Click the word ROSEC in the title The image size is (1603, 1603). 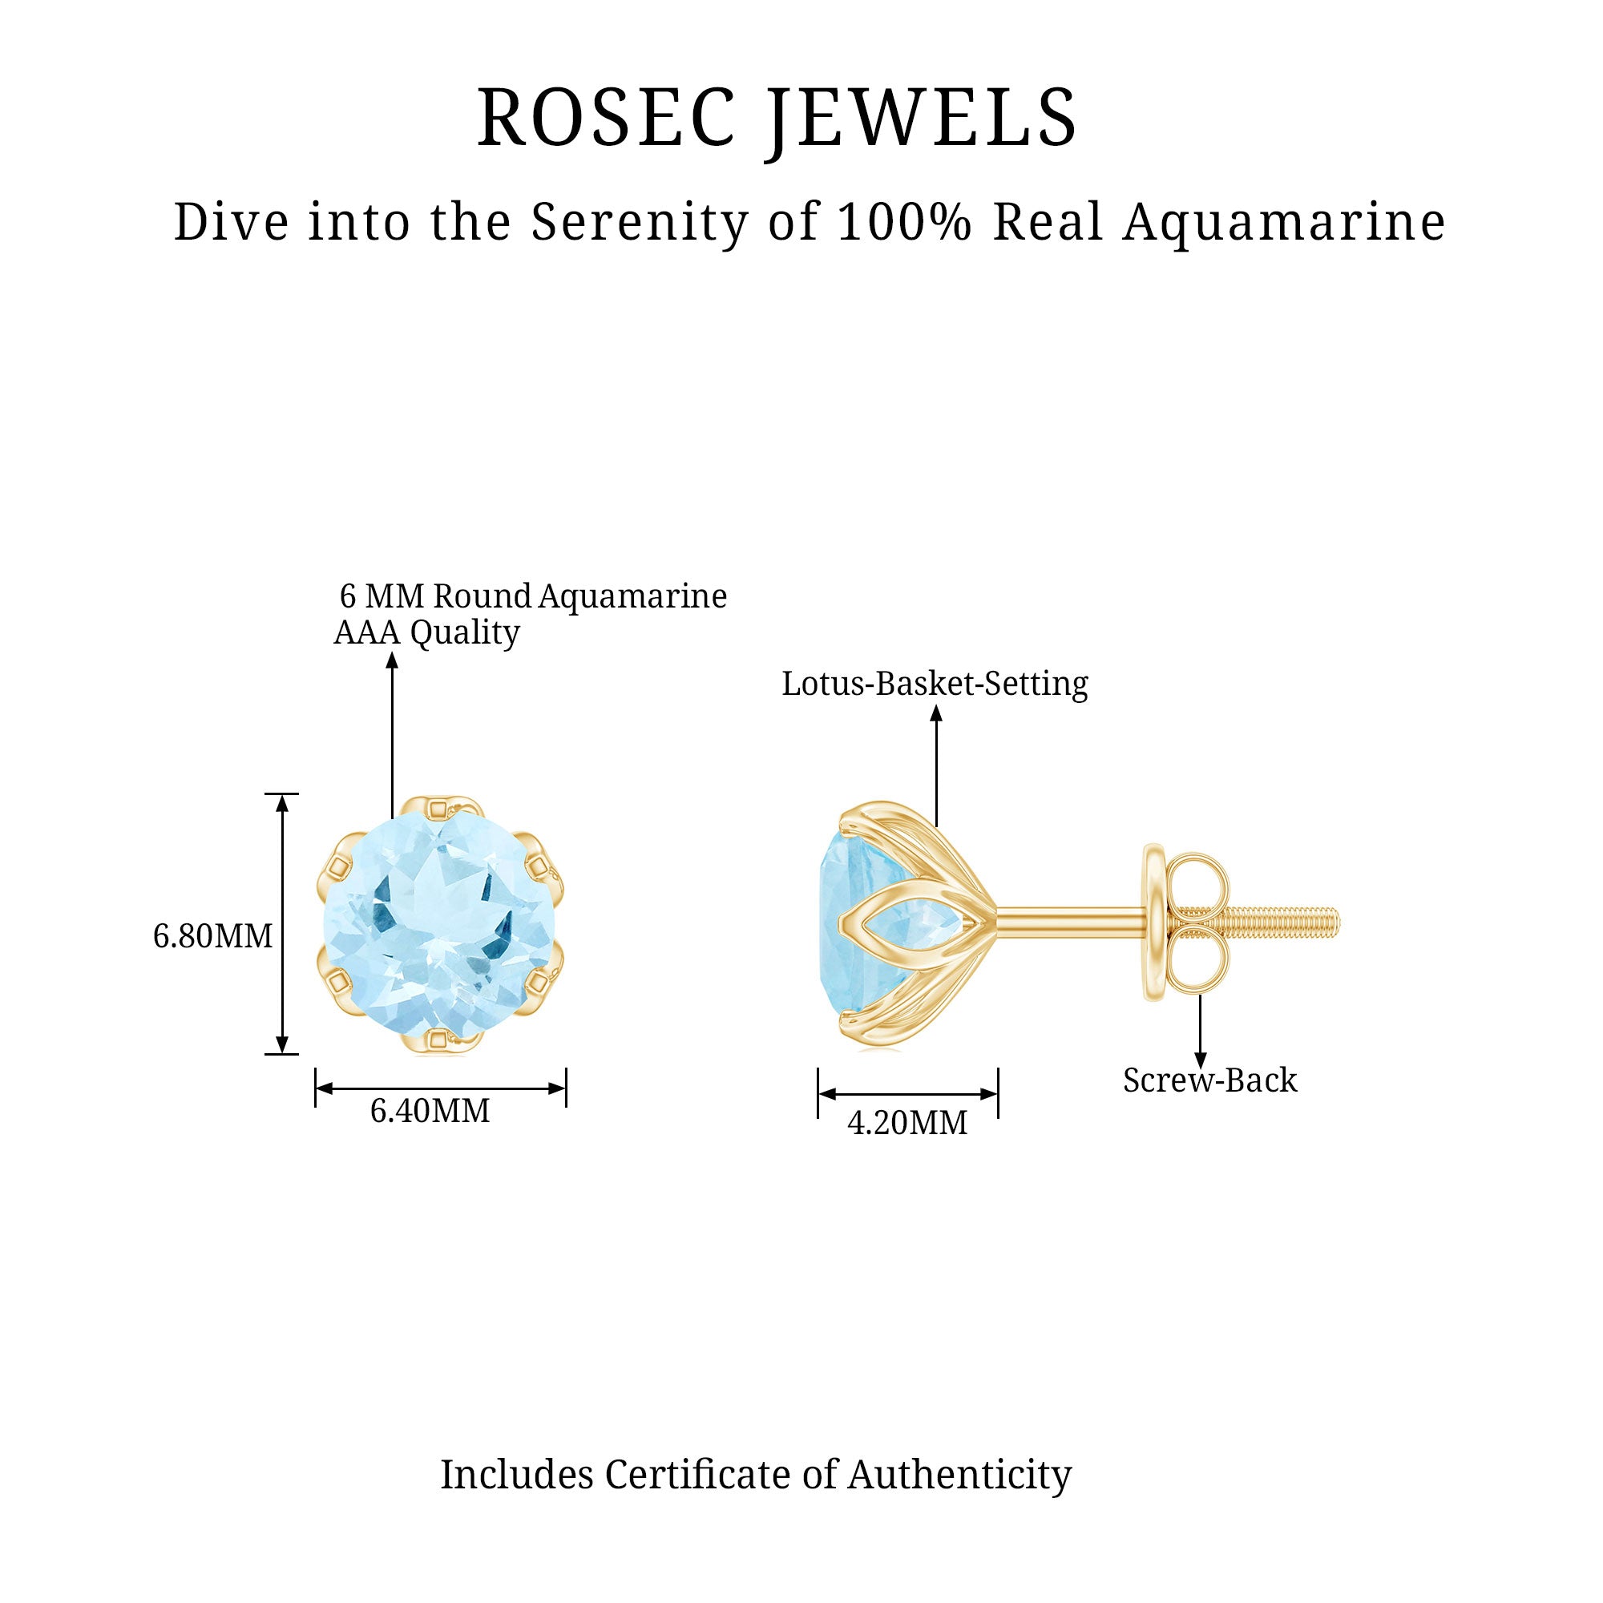606,119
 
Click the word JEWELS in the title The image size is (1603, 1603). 923,119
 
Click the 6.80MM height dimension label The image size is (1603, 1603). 212,937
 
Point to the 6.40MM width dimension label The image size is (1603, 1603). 430,1111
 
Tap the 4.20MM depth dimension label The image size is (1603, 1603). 906,1124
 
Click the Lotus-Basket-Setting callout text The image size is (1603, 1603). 935,684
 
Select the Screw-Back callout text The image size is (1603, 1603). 1209,1081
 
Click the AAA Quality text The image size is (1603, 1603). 426,633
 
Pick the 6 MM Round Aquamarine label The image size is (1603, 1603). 533,596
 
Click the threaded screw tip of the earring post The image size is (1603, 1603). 1294,921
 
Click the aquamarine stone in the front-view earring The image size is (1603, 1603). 440,925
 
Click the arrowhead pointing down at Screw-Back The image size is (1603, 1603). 1200,1060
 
